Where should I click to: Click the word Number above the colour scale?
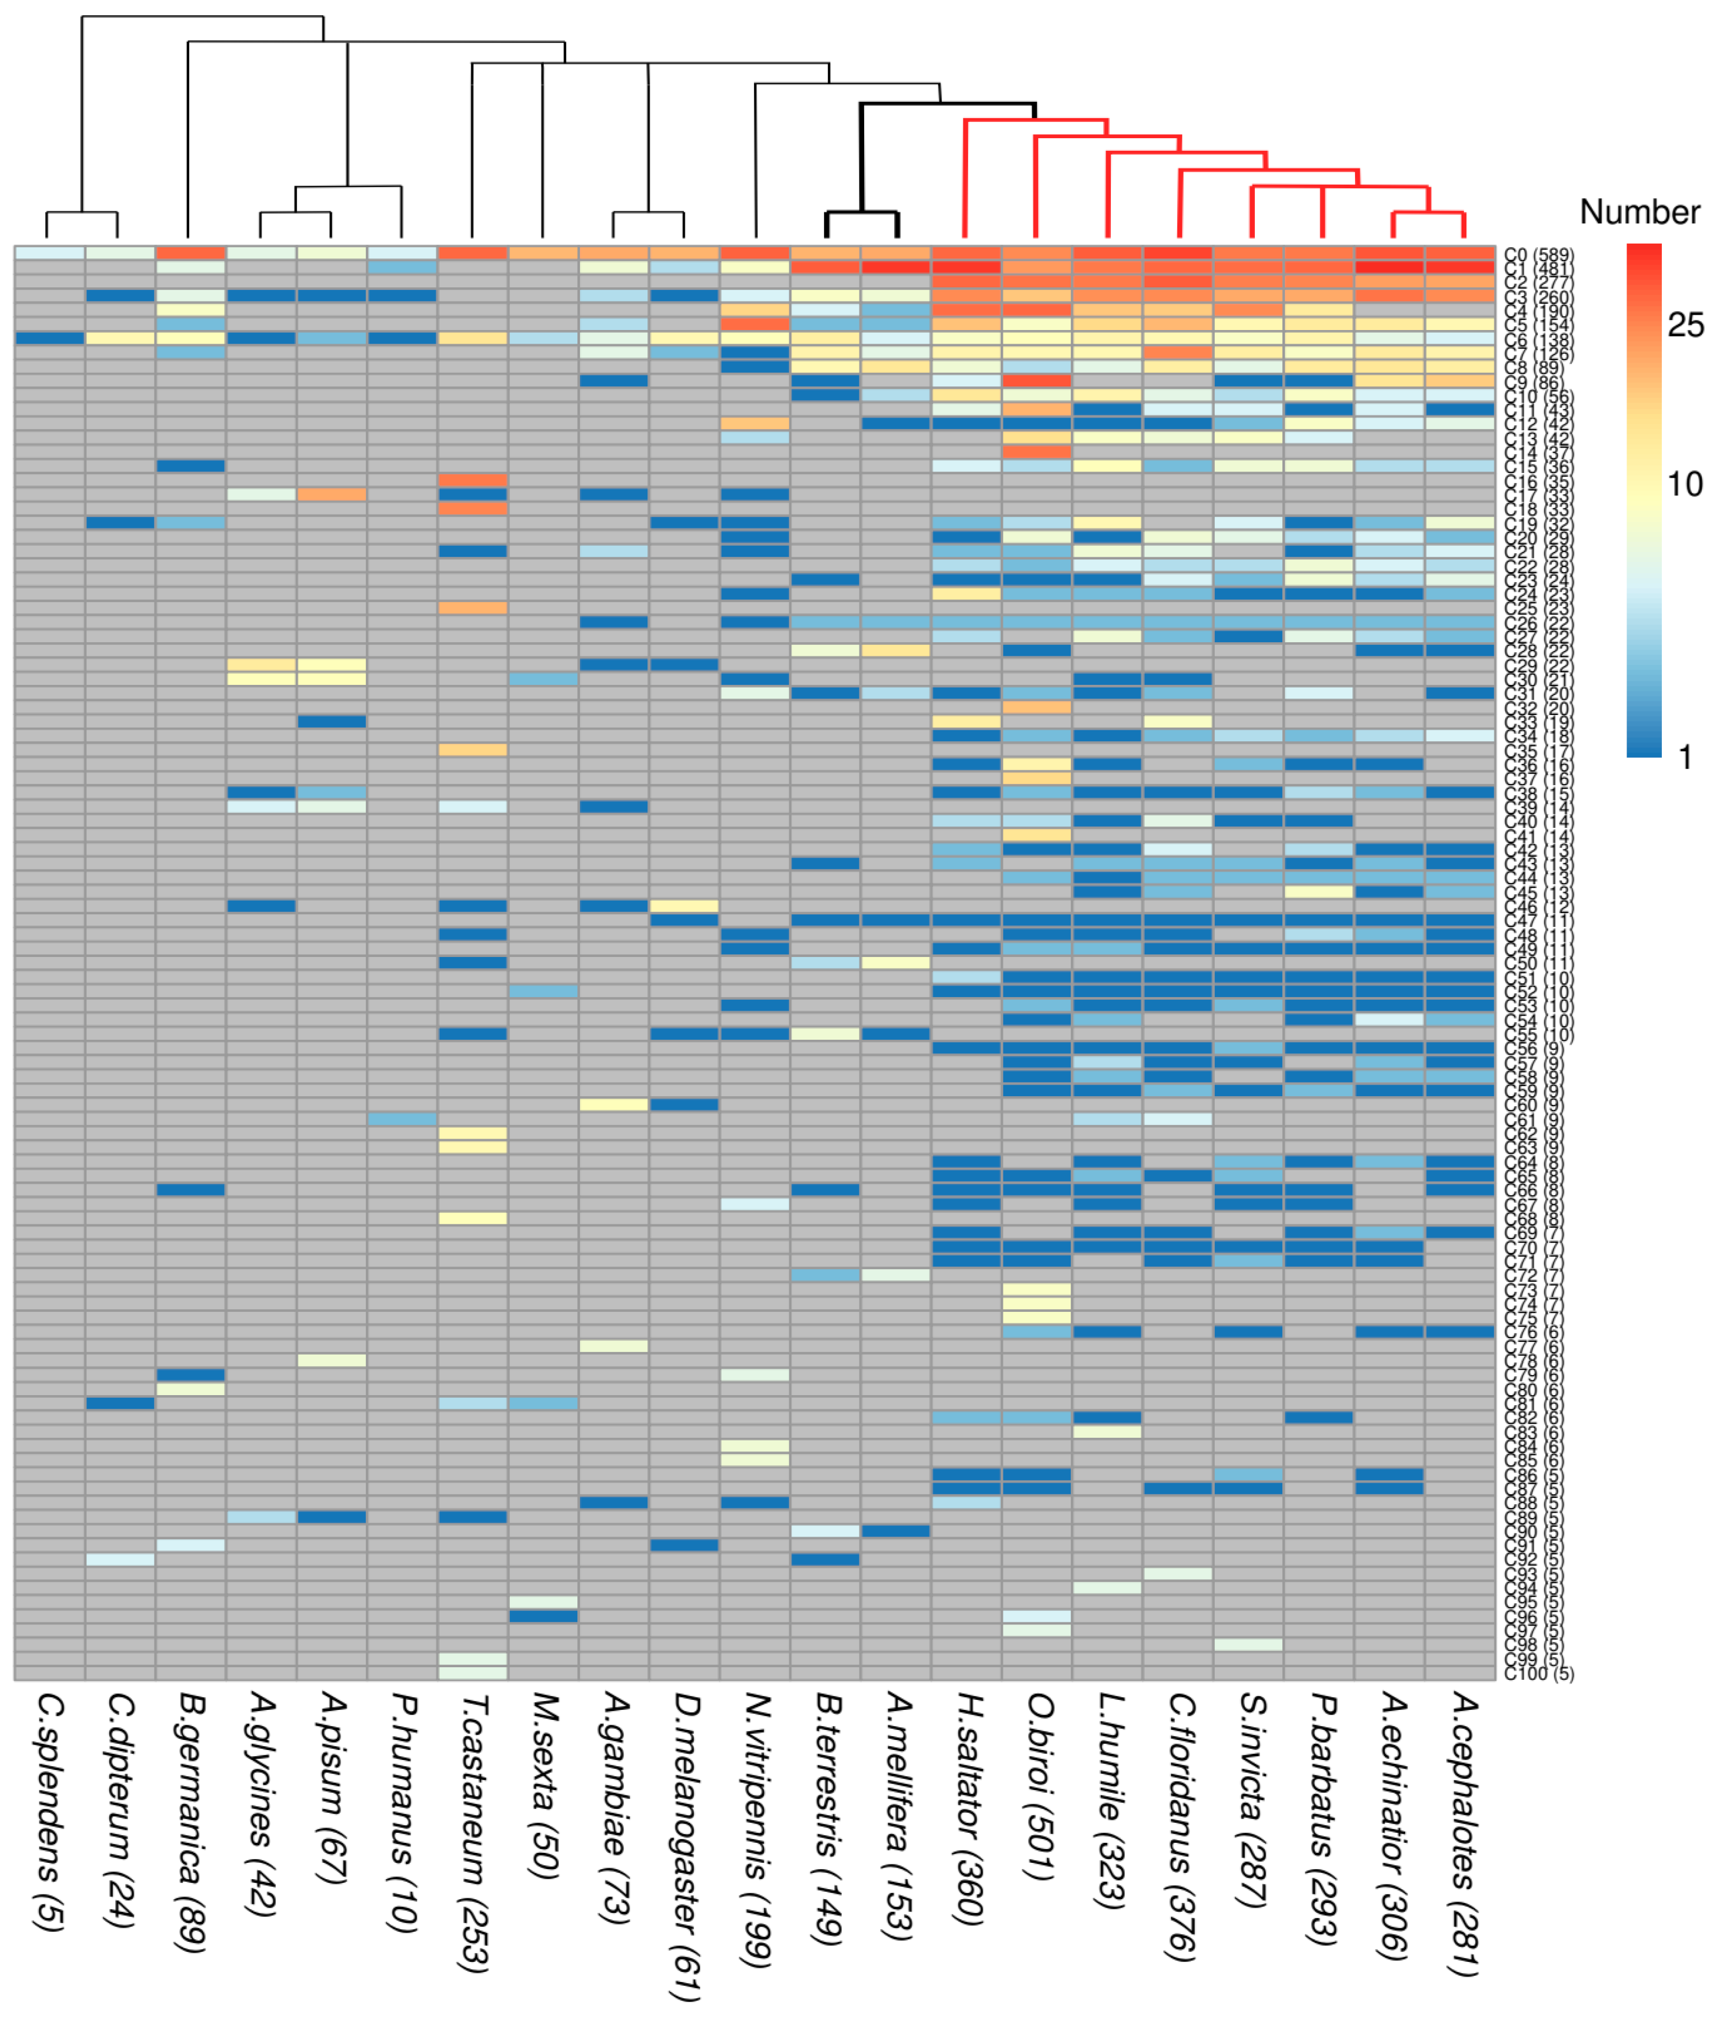tap(1639, 212)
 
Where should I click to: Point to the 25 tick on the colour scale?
tap(1685, 325)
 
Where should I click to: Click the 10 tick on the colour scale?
tap(1685, 484)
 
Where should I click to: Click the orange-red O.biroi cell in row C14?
tap(1036, 451)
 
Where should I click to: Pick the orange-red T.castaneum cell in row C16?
tap(473, 480)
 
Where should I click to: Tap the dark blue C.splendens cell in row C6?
tap(50, 338)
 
